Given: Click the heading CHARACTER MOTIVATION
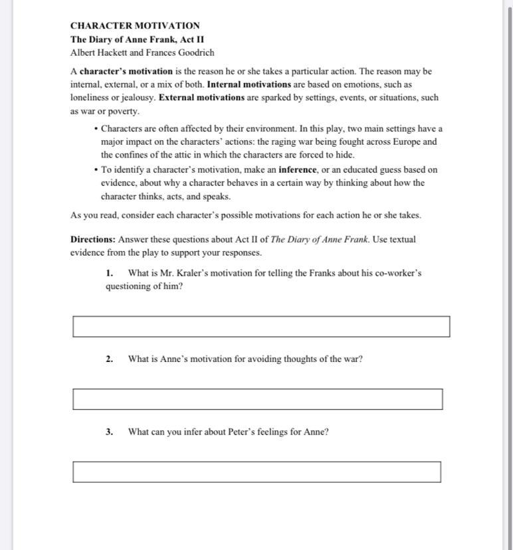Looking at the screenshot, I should point(135,26).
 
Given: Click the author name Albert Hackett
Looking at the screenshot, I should point(99,52).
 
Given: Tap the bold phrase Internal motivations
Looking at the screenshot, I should point(249,84).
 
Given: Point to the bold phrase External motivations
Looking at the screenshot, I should point(201,98).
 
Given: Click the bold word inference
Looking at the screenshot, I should point(298,169).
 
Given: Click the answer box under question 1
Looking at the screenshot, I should point(260,326).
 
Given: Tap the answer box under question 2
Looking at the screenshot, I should point(257,399).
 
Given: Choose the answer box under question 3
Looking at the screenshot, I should point(256,472).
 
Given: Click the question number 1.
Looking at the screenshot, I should point(109,273).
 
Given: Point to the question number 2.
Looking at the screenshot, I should point(109,359).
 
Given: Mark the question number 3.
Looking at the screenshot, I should point(109,432).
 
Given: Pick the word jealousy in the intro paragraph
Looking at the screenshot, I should point(136,98).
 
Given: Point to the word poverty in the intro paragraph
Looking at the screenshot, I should point(123,112).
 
